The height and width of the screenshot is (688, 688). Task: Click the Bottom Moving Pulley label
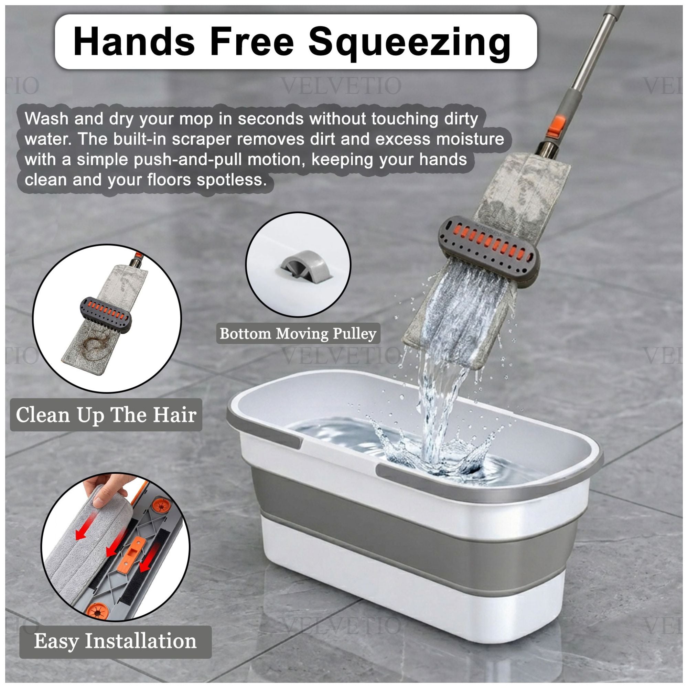click(298, 334)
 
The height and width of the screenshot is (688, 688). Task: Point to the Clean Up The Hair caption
click(106, 415)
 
